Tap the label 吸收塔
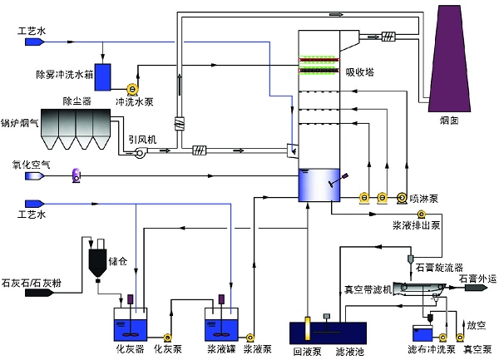[360, 72]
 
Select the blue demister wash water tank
[105, 76]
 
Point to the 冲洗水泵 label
[132, 101]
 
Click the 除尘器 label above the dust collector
[77, 101]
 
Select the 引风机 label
[141, 139]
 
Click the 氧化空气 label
[20, 165]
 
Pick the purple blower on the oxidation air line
[77, 175]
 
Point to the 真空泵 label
[476, 350]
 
